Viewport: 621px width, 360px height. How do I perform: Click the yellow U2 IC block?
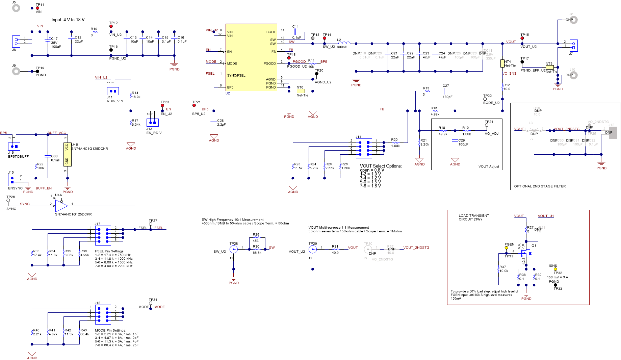[x=251, y=57]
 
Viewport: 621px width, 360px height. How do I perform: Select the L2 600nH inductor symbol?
[x=344, y=43]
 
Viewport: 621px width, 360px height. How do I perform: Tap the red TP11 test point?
[x=37, y=8]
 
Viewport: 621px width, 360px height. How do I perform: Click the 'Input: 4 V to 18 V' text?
[x=68, y=20]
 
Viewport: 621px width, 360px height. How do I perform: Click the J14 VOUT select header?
[x=364, y=148]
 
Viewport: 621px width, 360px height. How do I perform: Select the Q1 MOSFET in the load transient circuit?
[x=526, y=253]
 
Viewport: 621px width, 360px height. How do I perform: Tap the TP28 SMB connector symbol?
[x=233, y=249]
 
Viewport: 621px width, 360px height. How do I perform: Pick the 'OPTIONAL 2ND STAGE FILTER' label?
[x=540, y=186]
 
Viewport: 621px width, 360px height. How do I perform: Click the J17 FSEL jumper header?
[x=103, y=235]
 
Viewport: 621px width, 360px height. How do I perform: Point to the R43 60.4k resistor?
[x=80, y=333]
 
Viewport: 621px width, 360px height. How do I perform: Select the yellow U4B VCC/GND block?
[x=67, y=154]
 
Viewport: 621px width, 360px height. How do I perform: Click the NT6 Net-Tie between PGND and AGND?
[x=300, y=91]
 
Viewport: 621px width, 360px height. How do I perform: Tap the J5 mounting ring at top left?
[x=16, y=8]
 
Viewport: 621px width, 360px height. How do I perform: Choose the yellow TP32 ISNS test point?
[x=555, y=269]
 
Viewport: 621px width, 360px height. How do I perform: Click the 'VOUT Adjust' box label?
[x=488, y=166]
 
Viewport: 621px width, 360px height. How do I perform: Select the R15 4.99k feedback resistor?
[x=435, y=111]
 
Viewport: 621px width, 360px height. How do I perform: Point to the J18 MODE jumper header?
[x=103, y=314]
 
